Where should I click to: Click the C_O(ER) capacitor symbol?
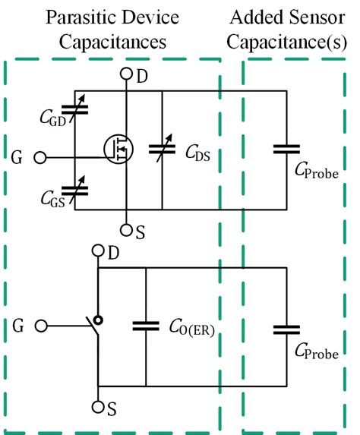pyautogui.click(x=145, y=326)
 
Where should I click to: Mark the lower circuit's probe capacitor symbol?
pyautogui.click(x=286, y=329)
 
